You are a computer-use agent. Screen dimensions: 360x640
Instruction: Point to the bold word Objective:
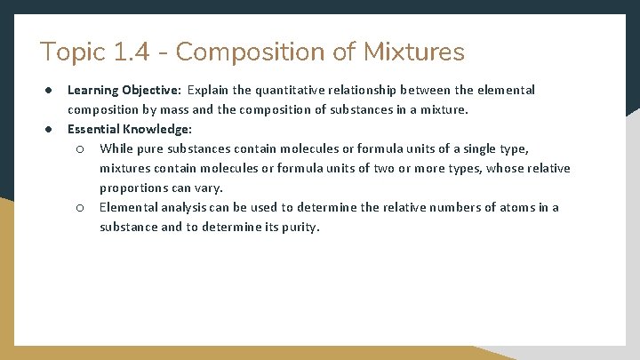155,90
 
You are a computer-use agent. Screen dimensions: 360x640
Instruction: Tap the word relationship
363,90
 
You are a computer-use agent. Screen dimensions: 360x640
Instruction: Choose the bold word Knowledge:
160,129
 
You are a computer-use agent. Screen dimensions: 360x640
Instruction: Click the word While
116,148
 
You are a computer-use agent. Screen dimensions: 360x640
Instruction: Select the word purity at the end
300,227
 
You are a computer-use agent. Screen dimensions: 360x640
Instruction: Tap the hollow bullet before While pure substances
79,148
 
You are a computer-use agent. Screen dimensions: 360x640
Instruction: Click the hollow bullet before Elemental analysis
79,207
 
